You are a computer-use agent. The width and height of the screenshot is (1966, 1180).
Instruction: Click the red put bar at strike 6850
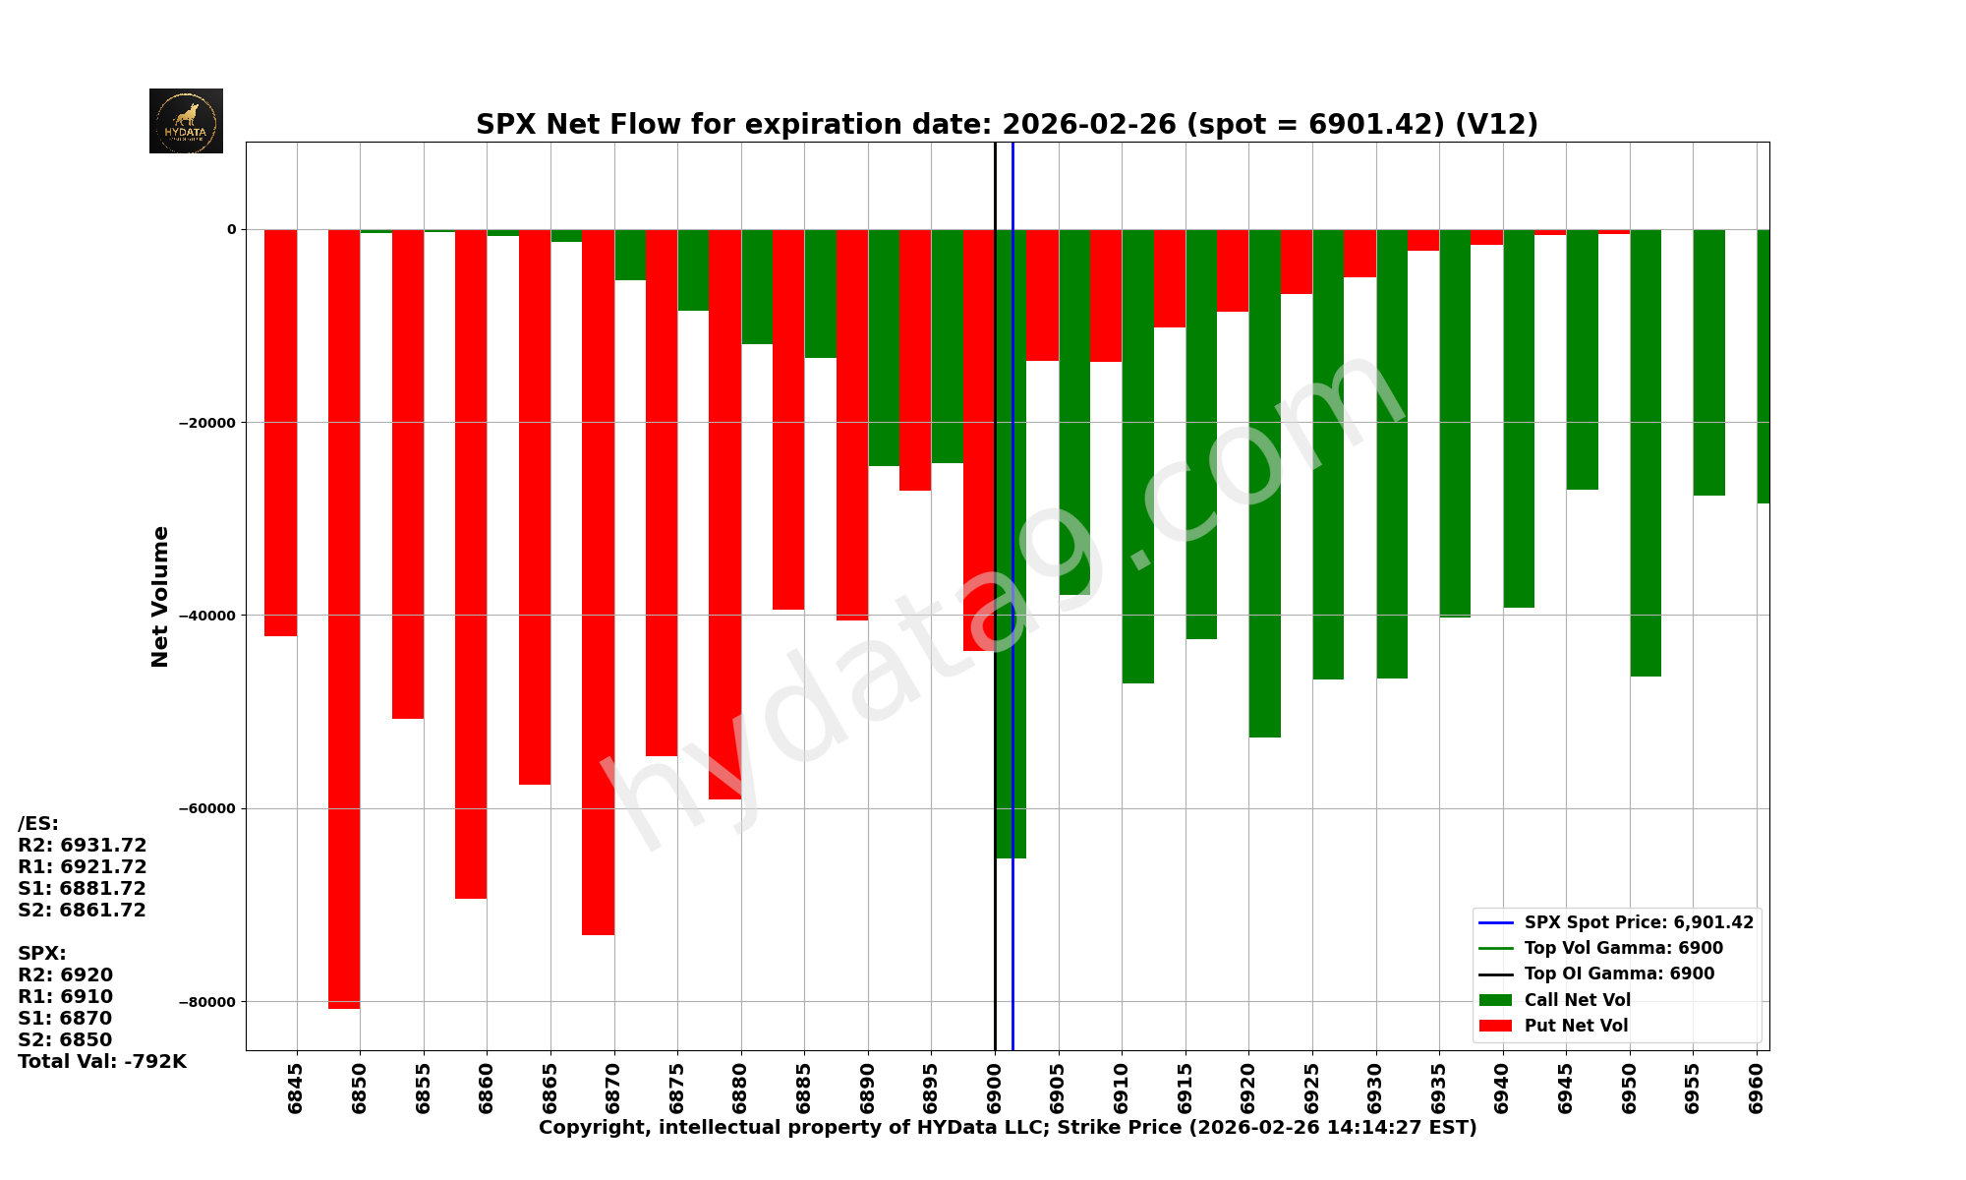point(344,619)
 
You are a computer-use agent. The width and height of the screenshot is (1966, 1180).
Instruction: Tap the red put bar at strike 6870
point(598,580)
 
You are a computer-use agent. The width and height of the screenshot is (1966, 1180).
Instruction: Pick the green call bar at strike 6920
point(1264,482)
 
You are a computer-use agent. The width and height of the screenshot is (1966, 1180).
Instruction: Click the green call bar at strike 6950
point(1646,452)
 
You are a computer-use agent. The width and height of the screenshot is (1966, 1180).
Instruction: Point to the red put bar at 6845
point(280,433)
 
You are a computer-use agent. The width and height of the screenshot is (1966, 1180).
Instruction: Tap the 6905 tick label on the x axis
point(1058,1088)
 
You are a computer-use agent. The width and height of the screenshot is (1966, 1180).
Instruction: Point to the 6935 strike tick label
point(1439,1088)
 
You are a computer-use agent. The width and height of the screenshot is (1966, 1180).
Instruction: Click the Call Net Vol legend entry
point(1577,1000)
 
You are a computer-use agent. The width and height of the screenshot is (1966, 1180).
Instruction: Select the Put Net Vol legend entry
point(1576,1026)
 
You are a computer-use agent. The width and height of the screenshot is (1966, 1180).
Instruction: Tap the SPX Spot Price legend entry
point(1638,922)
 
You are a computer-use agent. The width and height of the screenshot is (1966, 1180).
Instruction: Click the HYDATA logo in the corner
point(186,121)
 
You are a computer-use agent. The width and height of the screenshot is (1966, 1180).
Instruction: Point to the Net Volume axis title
point(160,597)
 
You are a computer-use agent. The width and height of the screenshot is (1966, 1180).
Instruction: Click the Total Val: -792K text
point(102,1062)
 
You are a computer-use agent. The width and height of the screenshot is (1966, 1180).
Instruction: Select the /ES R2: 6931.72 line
point(83,846)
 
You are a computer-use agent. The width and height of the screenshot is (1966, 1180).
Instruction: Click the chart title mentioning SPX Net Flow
point(1007,125)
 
